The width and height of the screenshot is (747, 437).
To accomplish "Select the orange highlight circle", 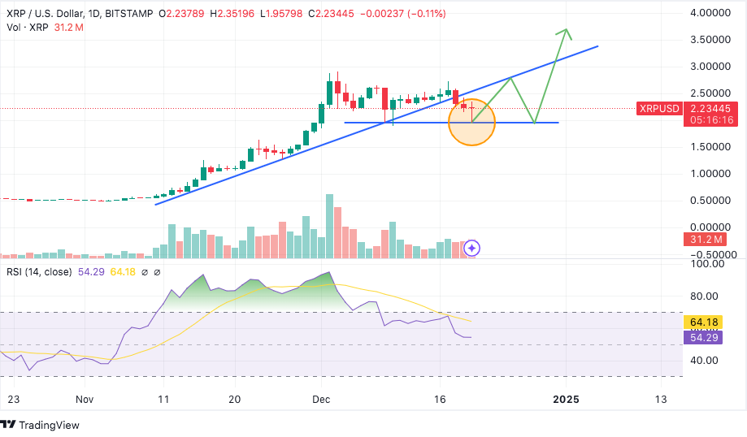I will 471,122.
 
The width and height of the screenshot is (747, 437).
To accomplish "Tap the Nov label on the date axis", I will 85,400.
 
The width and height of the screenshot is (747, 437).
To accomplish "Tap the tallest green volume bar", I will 329,226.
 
